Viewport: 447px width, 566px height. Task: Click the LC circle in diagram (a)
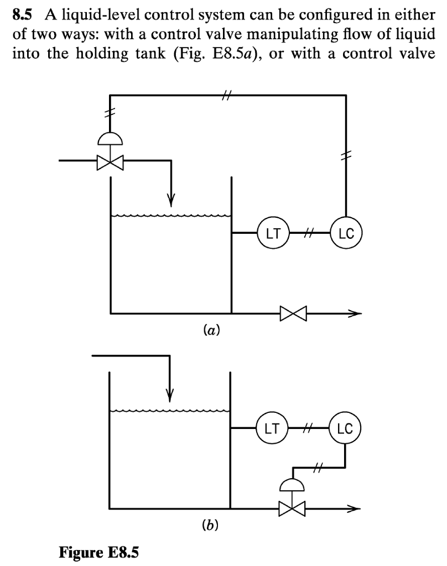[346, 233]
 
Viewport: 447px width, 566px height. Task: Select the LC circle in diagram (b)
[345, 428]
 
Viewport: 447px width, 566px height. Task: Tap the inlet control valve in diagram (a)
[110, 162]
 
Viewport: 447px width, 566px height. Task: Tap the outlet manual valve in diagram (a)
[292, 313]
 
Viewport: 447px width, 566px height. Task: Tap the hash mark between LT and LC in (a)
[309, 233]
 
